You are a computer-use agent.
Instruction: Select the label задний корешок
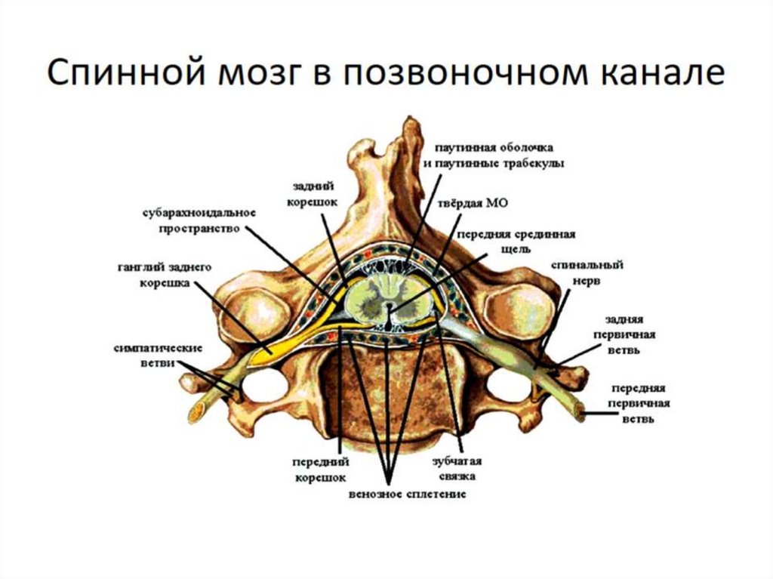pyautogui.click(x=316, y=192)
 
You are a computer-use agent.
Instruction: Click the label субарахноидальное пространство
pyautogui.click(x=200, y=219)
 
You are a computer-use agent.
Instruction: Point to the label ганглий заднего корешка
pyautogui.click(x=165, y=275)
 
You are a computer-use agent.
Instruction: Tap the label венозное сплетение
pyautogui.click(x=407, y=494)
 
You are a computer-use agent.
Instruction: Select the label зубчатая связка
pyautogui.click(x=457, y=468)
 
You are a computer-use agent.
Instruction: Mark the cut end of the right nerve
pyautogui.click(x=581, y=411)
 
